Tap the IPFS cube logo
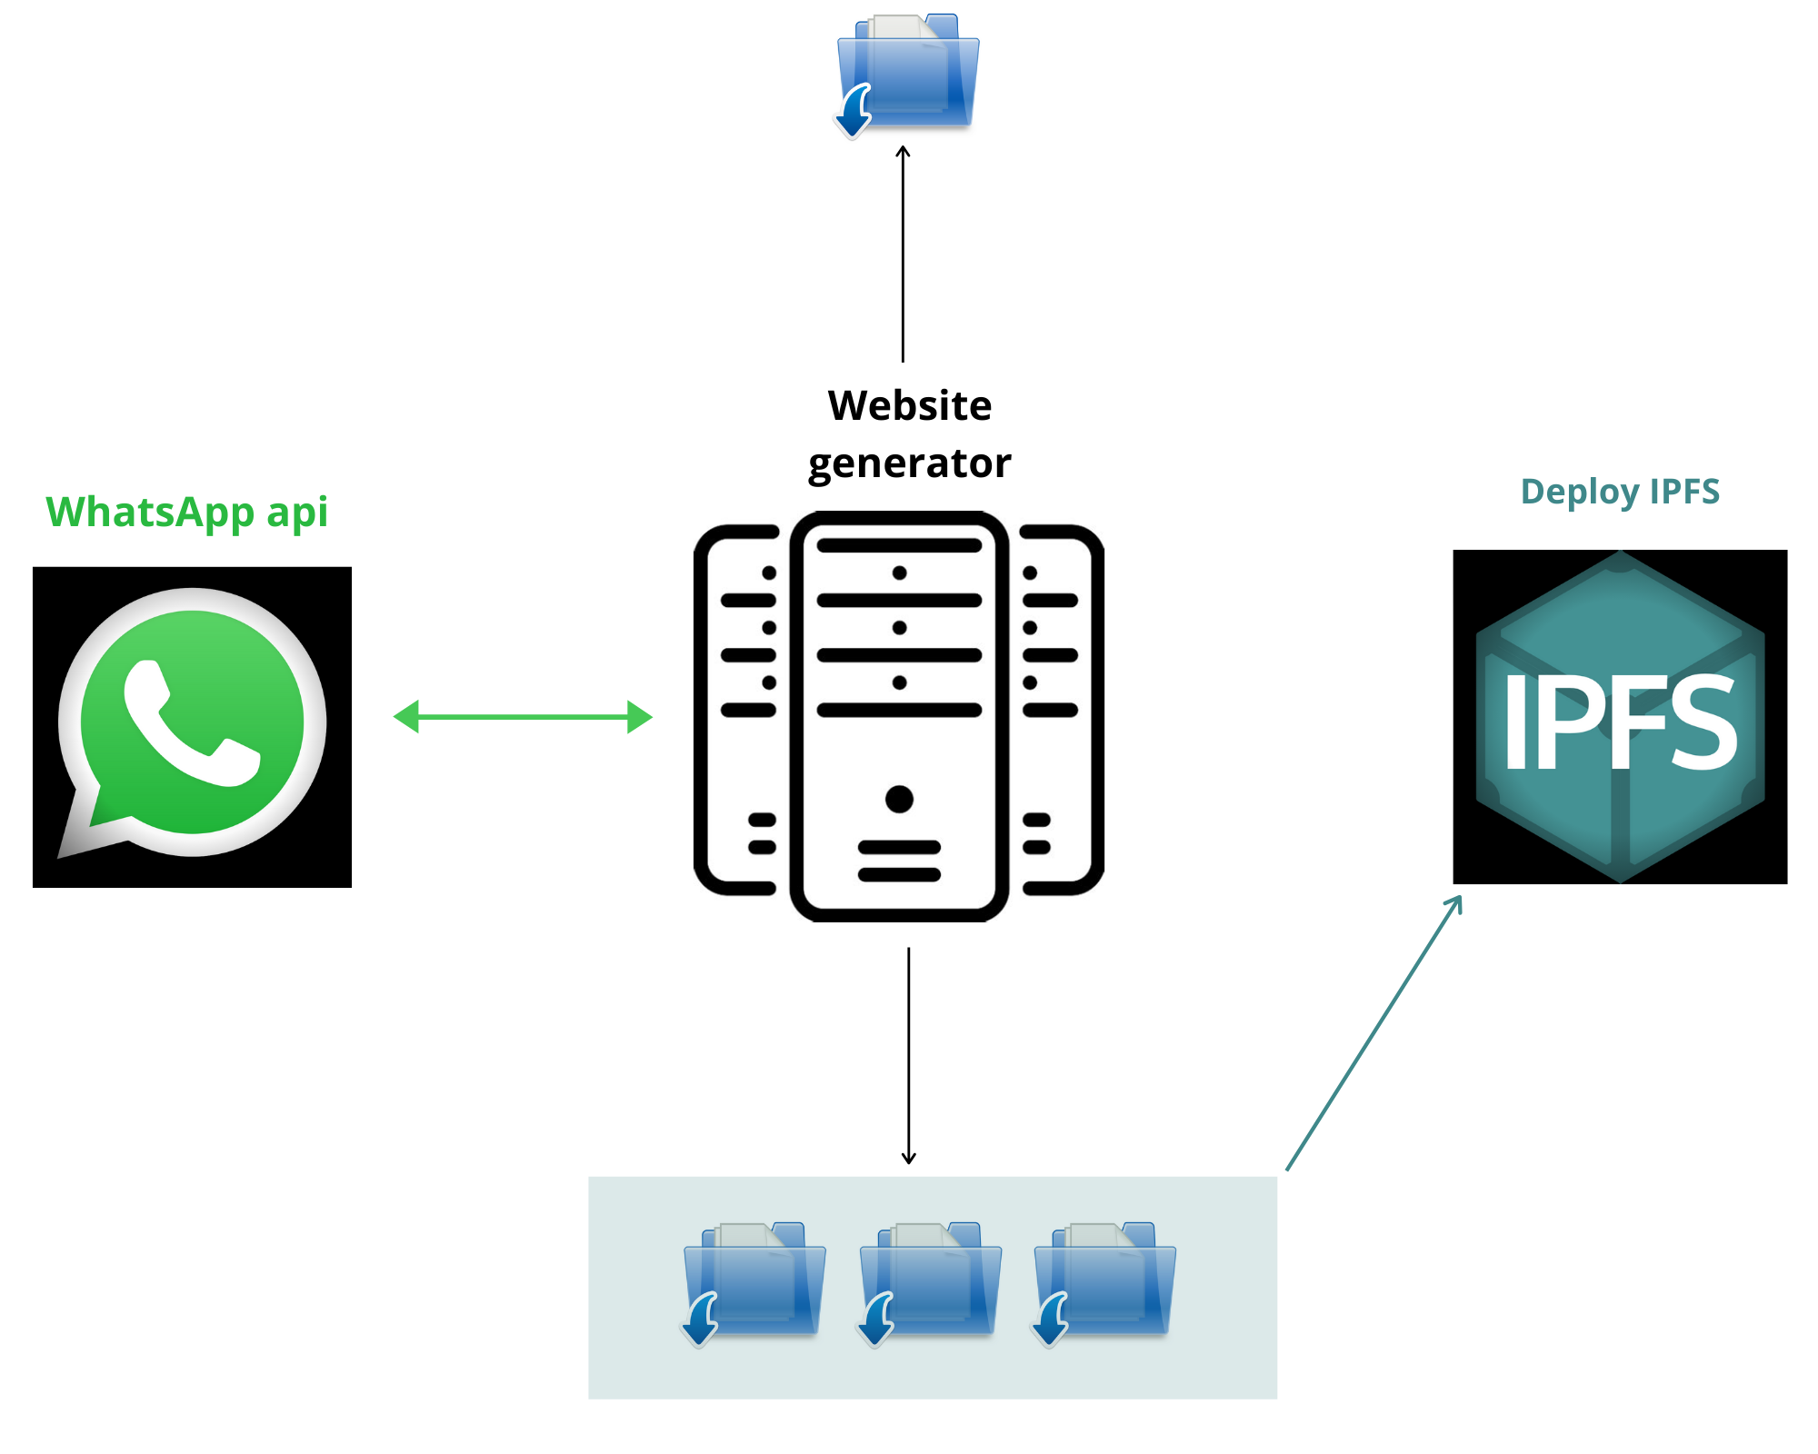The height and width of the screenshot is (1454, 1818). [x=1620, y=717]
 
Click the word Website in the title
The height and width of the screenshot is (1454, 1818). [x=909, y=405]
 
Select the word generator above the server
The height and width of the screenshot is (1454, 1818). [x=909, y=463]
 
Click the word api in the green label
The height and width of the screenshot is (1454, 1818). [x=297, y=513]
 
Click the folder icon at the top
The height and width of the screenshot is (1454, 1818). [x=908, y=73]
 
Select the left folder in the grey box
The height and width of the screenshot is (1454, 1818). [x=754, y=1281]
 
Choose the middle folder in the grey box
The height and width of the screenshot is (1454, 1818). [x=930, y=1281]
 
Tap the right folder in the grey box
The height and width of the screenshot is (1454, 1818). [x=1104, y=1281]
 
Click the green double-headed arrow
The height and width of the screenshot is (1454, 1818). [x=523, y=717]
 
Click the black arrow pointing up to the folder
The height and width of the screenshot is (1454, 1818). [x=903, y=254]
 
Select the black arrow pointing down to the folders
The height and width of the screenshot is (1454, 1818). [x=908, y=1054]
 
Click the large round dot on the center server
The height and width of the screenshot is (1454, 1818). [x=899, y=799]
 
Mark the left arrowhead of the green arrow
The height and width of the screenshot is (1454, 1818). [x=405, y=717]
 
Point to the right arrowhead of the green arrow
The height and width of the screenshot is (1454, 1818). [x=640, y=717]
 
